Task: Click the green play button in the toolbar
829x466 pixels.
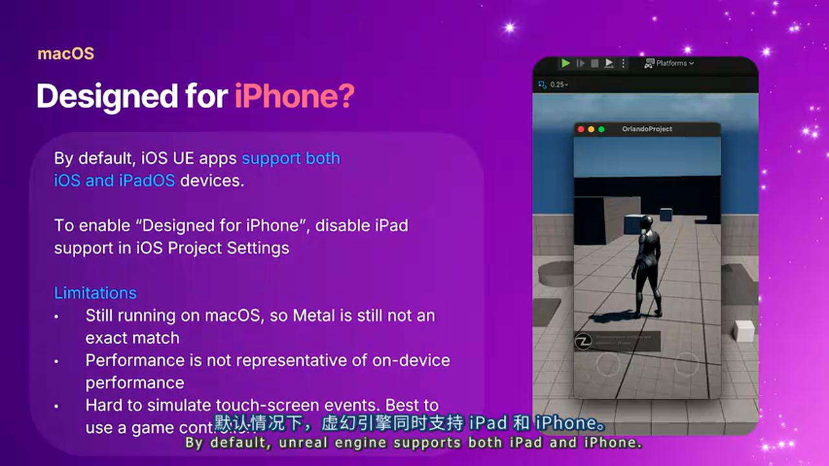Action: [x=565, y=63]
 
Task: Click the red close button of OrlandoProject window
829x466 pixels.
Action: [x=581, y=129]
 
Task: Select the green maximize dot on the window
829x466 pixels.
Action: [x=601, y=129]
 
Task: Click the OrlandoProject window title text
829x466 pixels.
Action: [x=647, y=129]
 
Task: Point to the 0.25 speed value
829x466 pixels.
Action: [x=557, y=85]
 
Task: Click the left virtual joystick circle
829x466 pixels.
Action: [x=608, y=364]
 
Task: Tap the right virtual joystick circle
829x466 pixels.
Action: [x=687, y=364]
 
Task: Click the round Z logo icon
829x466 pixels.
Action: [x=584, y=341]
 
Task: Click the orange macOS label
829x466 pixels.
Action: [x=65, y=54]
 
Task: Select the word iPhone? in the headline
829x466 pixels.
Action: [x=294, y=96]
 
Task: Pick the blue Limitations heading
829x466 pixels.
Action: [x=95, y=293]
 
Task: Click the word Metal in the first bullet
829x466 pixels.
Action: [x=313, y=316]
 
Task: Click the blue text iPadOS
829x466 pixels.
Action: [x=146, y=181]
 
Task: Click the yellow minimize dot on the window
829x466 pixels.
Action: [x=591, y=129]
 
